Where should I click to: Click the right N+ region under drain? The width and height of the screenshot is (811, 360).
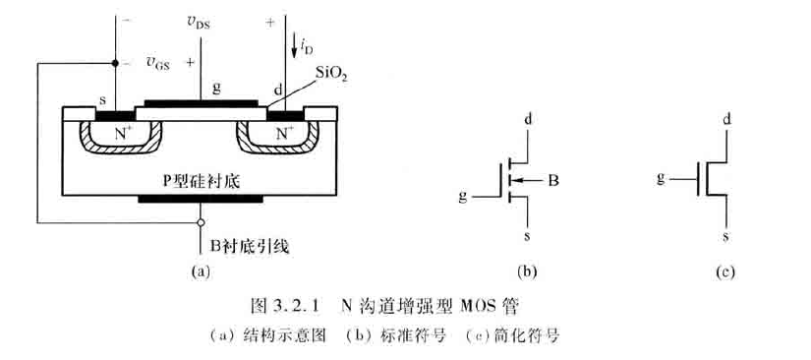coord(283,131)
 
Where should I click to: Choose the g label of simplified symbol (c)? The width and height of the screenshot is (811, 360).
coord(662,177)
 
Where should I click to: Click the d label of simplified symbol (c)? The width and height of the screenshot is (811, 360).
coord(726,119)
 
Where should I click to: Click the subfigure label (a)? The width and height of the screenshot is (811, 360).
coord(201,269)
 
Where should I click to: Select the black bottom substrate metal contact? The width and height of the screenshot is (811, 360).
coord(201,198)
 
